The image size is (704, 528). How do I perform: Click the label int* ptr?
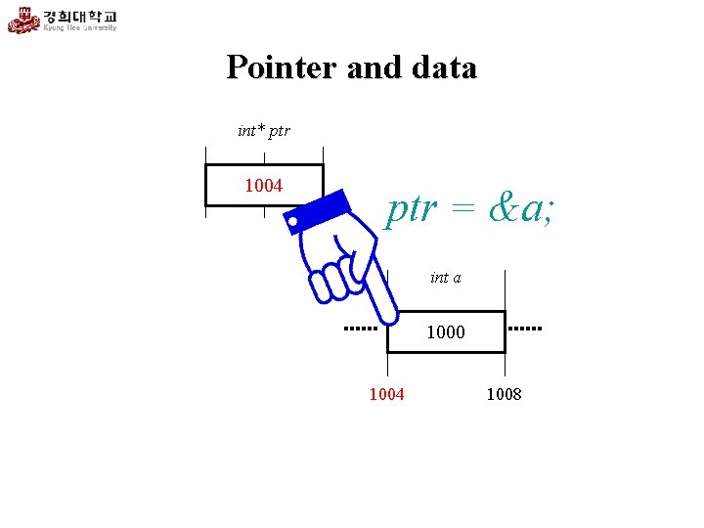263,130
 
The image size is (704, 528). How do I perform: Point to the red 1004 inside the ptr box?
263,185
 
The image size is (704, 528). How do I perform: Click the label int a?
446,278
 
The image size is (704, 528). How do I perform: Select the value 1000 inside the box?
446,332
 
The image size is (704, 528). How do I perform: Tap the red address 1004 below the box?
386,394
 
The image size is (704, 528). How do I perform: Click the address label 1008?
504,394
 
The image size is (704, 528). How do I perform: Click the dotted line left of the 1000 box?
361,329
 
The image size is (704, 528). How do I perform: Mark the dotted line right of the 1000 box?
525,329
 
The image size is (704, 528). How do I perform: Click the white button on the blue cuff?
293,223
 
